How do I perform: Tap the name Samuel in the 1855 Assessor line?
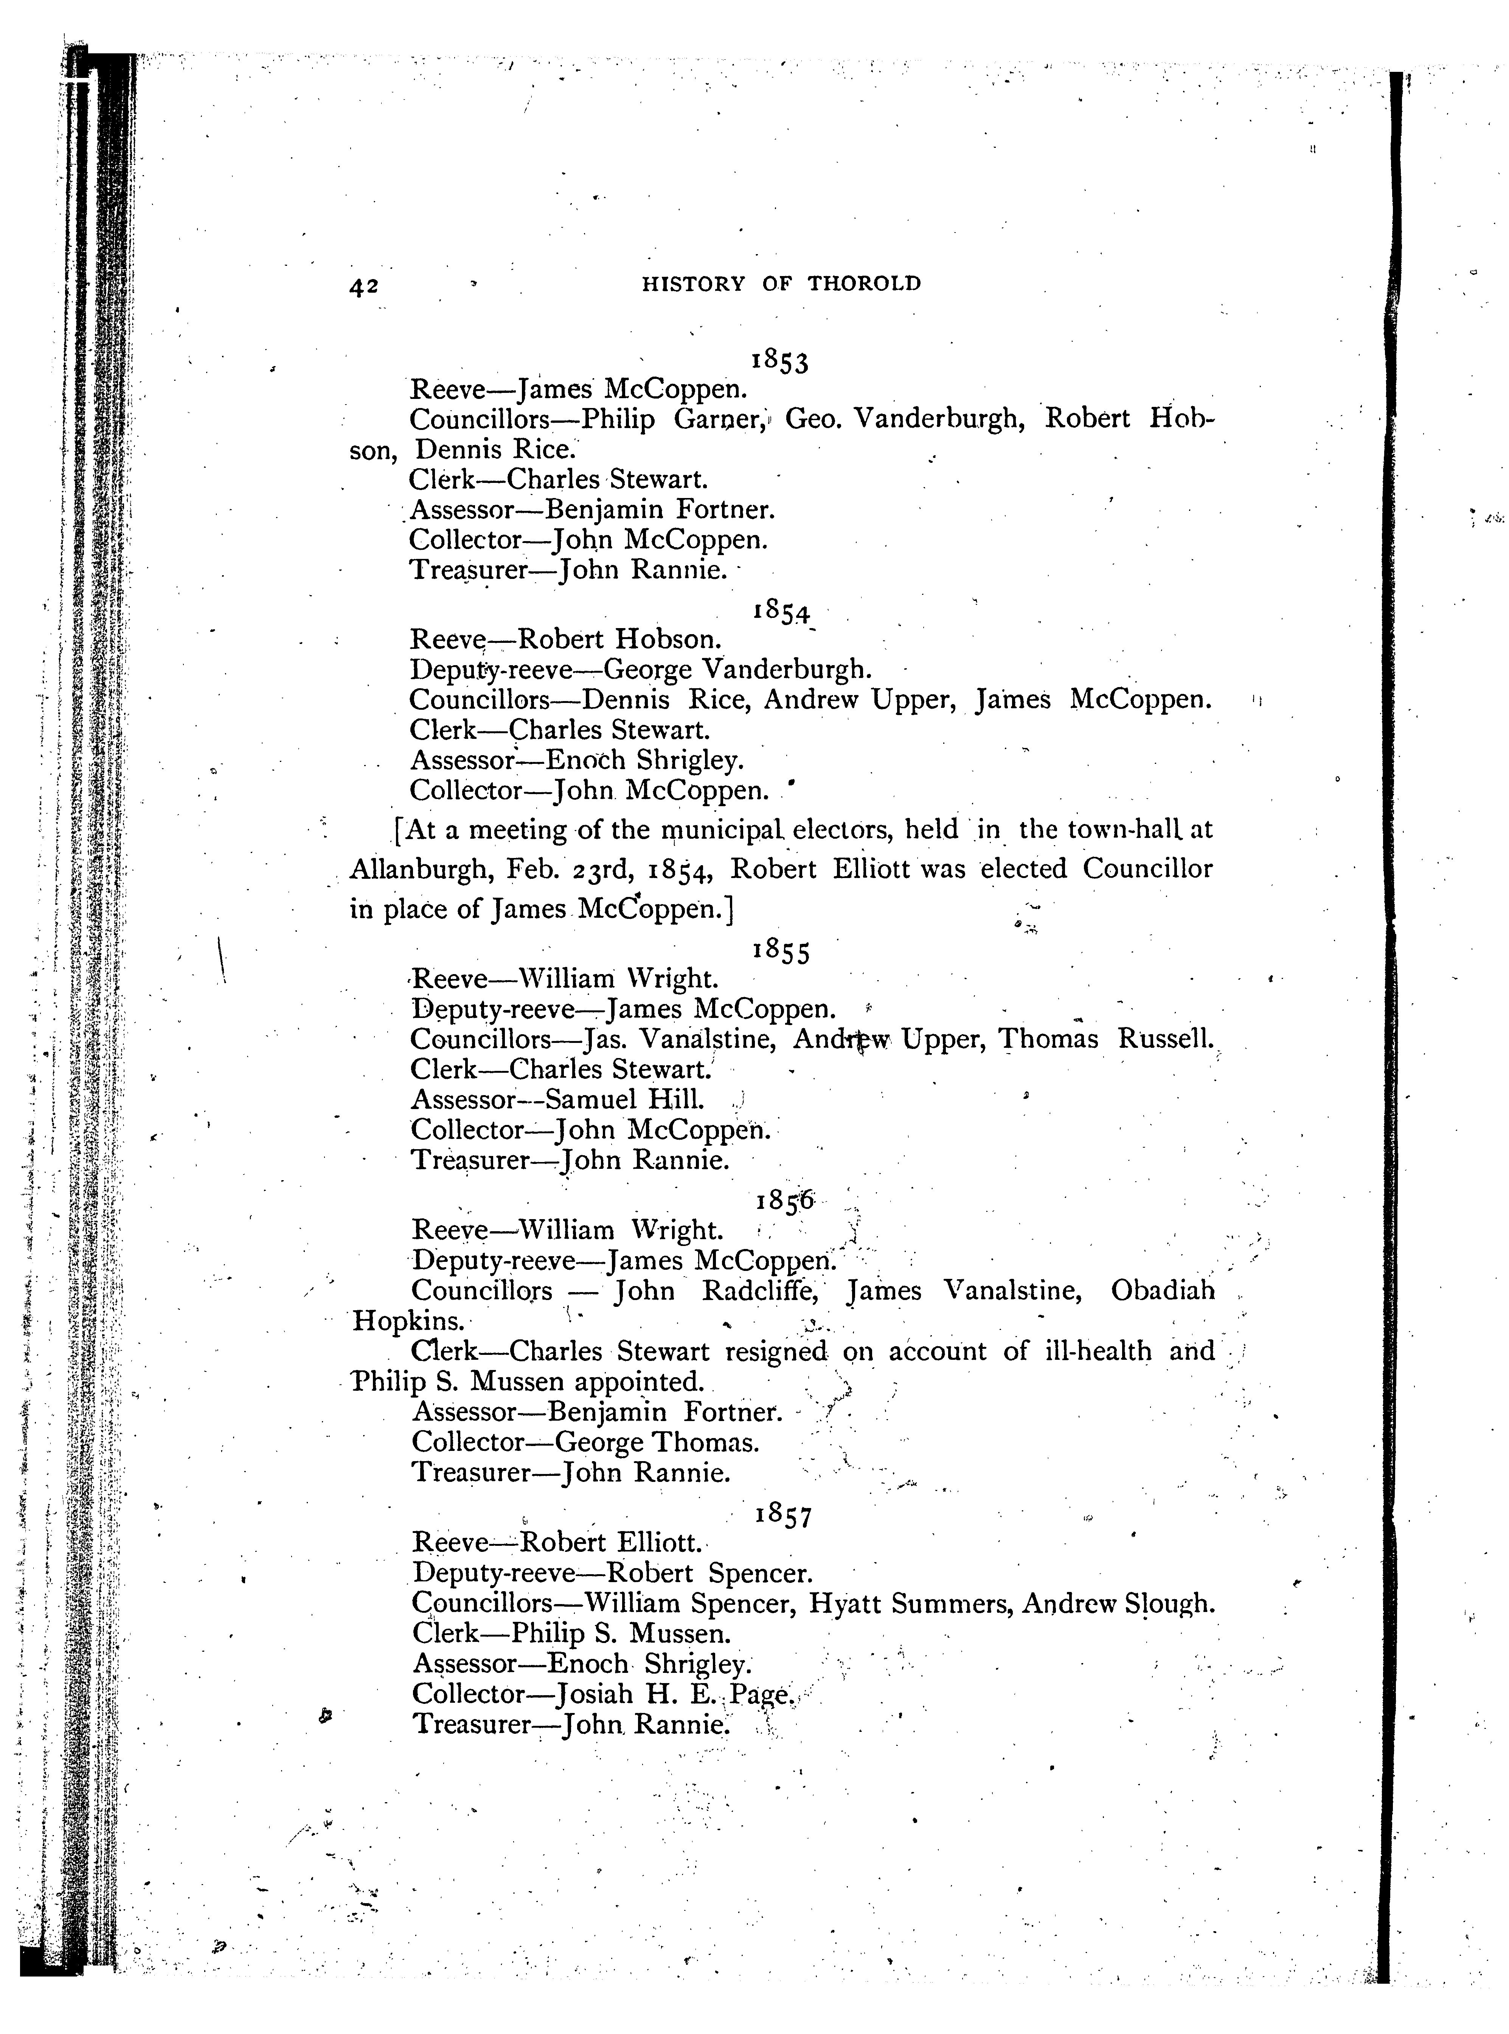point(585,1100)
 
